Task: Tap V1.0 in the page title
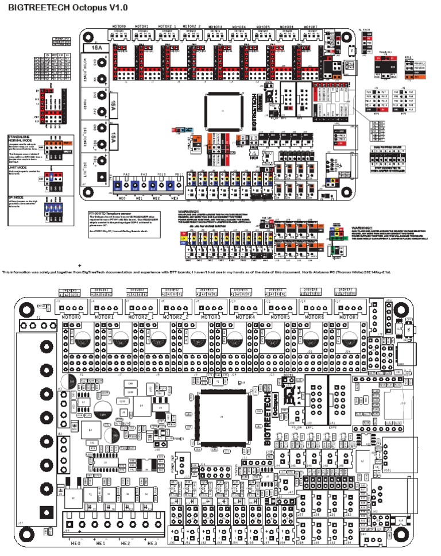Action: [117, 7]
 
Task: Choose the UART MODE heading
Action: [18, 167]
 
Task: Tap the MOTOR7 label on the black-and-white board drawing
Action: [350, 316]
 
